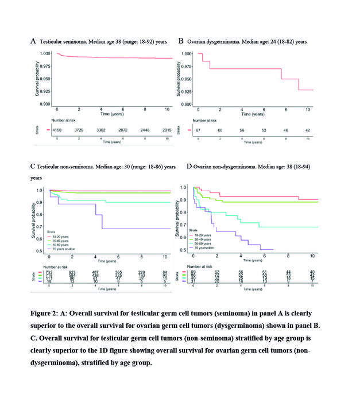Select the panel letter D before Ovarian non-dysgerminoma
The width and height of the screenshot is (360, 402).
click(x=181, y=167)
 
